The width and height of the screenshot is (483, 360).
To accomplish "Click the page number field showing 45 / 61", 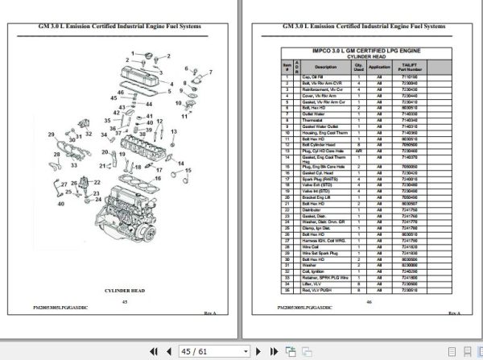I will coord(196,351).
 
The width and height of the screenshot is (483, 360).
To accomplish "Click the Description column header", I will coord(326,67).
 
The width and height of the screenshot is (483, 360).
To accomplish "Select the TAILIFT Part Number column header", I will coord(411,67).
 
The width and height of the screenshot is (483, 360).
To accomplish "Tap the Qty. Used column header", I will coord(358,67).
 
